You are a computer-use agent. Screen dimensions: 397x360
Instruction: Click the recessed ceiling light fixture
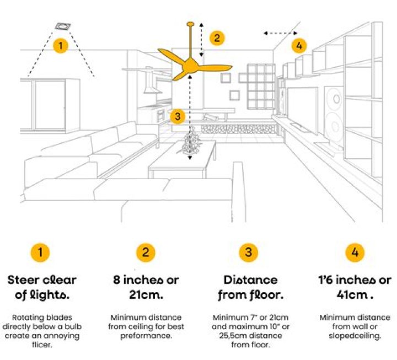pyautogui.click(x=62, y=26)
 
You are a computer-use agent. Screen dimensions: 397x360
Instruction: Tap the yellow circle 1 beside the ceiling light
pyautogui.click(x=60, y=46)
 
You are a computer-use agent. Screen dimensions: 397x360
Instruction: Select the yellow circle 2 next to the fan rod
pyautogui.click(x=217, y=38)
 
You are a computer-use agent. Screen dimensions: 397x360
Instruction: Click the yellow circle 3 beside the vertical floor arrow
pyautogui.click(x=178, y=116)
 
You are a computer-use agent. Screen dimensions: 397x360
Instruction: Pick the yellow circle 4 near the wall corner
pyautogui.click(x=299, y=46)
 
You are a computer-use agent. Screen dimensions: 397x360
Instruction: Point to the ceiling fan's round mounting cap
pyautogui.click(x=190, y=24)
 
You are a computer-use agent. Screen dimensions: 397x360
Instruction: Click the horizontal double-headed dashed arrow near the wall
pyautogui.click(x=280, y=33)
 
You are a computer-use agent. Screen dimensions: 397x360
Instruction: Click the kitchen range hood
pyautogui.click(x=151, y=80)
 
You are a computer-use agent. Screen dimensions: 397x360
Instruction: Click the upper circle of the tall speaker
pyautogui.click(x=336, y=99)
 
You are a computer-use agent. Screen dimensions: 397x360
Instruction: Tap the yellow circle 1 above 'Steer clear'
pyautogui.click(x=40, y=252)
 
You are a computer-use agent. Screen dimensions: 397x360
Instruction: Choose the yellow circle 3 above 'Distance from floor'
pyautogui.click(x=249, y=252)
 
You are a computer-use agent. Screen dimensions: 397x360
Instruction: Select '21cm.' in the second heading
pyautogui.click(x=146, y=295)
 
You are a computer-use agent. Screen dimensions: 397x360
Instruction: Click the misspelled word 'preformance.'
pyautogui.click(x=146, y=336)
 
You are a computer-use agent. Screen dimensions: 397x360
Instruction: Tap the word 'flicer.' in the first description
pyautogui.click(x=42, y=345)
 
